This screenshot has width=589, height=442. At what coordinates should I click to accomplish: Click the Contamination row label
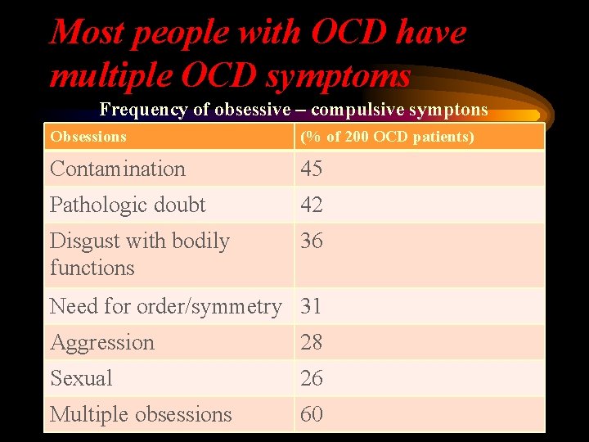(117, 169)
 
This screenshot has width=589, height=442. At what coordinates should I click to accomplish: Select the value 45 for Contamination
(312, 169)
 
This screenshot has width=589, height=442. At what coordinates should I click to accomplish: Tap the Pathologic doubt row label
(128, 205)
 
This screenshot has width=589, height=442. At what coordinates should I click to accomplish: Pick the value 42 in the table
(312, 205)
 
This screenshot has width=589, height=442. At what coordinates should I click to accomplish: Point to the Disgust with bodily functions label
(139, 254)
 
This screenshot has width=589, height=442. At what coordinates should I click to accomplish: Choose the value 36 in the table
(312, 241)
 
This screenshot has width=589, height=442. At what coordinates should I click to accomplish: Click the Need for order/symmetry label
(165, 306)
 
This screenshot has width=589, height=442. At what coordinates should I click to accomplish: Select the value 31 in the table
(312, 306)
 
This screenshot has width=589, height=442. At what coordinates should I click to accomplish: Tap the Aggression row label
(101, 342)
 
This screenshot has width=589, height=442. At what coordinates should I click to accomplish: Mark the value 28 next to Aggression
(312, 342)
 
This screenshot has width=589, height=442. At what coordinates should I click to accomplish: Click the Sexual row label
(81, 378)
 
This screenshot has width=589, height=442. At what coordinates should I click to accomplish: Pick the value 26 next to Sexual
(312, 378)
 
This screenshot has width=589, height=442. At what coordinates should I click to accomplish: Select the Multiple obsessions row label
(141, 414)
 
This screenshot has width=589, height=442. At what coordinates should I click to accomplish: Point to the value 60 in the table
(312, 414)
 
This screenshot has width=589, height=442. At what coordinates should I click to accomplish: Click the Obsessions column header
(88, 137)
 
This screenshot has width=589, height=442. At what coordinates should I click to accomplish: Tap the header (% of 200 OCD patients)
(387, 137)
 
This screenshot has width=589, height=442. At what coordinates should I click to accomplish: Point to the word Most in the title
(87, 33)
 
